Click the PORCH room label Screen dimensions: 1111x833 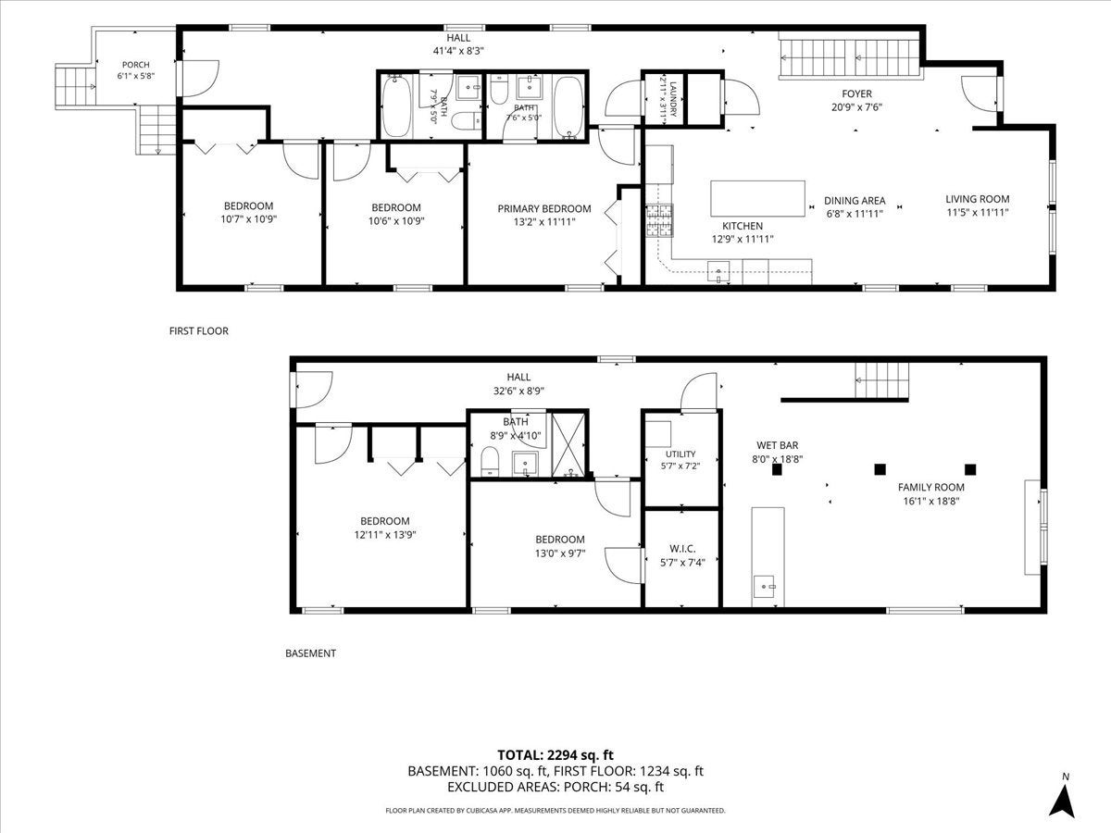136,65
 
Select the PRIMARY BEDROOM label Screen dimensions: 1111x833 544,208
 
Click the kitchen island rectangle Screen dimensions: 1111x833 757,198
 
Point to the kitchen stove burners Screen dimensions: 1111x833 658,220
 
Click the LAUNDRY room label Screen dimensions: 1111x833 673,99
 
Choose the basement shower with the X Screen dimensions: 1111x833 568,444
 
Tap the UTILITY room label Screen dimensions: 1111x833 680,454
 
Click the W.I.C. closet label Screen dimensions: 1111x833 682,548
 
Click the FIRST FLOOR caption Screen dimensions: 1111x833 199,330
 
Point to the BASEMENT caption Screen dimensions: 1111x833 311,653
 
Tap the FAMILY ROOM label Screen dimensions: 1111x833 931,487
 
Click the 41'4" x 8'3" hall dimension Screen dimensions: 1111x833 458,51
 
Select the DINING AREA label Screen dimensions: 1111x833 855,200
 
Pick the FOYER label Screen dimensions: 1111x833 857,93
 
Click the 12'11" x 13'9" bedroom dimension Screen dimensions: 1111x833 385,535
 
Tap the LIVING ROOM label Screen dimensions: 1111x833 978,199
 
